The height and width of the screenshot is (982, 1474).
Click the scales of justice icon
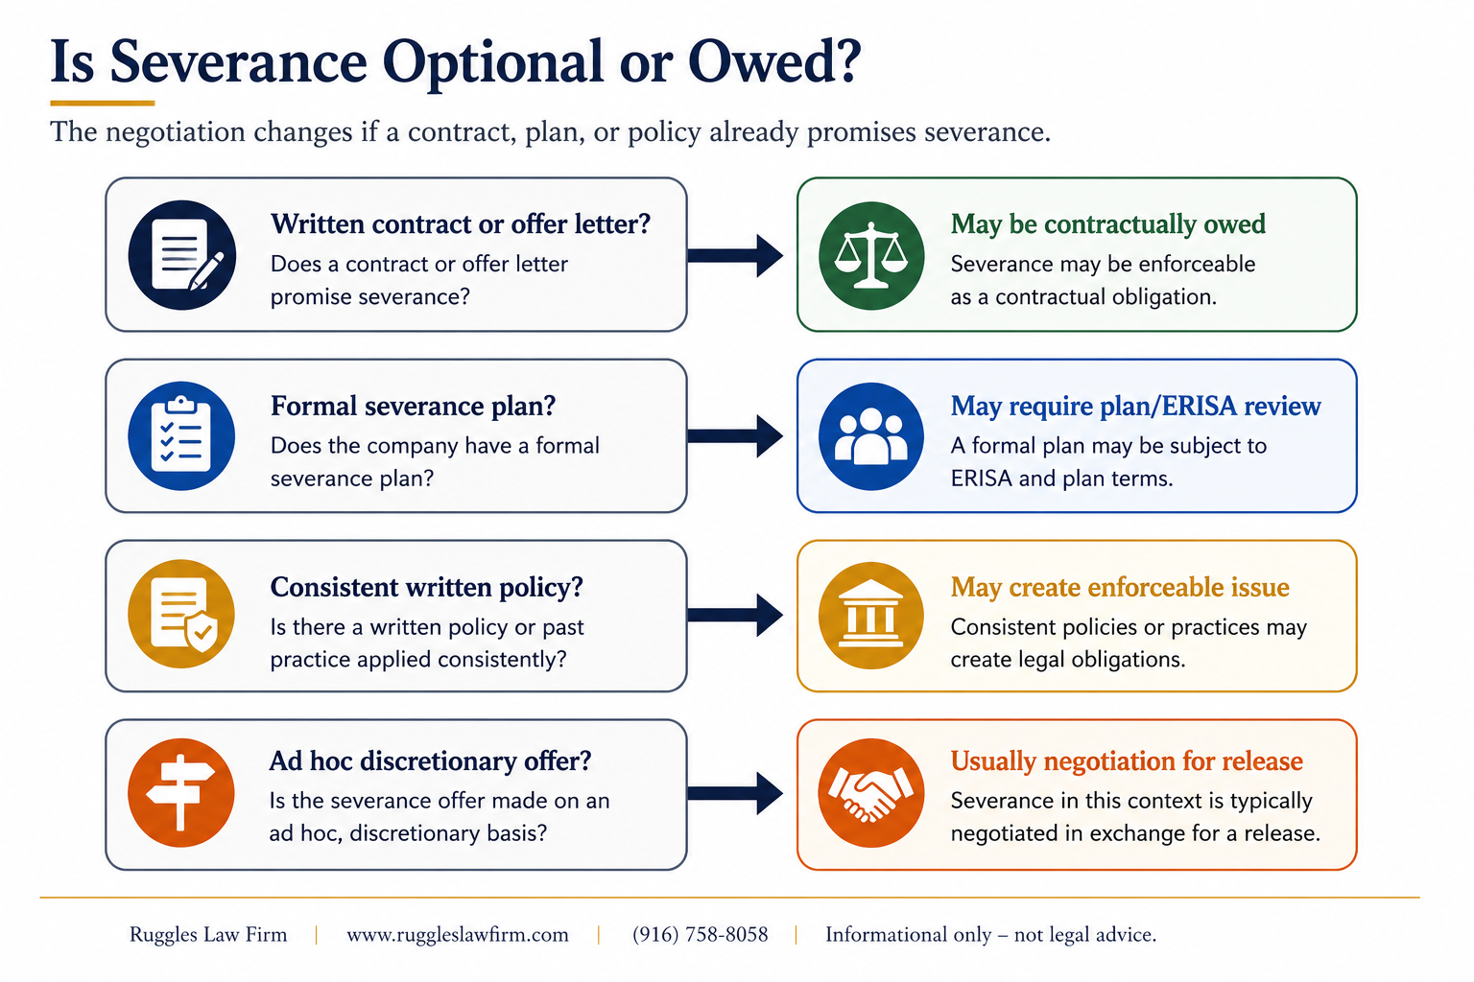click(871, 255)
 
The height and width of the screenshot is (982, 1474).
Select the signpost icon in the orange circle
click(180, 792)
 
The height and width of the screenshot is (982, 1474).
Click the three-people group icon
click(871, 436)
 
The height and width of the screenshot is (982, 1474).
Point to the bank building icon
click(870, 614)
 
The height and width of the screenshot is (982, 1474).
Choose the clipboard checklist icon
click(181, 434)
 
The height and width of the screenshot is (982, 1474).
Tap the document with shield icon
click(184, 615)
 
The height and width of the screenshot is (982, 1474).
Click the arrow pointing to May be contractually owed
click(735, 255)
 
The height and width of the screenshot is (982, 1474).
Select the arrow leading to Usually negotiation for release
click(735, 793)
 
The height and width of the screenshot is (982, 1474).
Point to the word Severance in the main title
click(238, 62)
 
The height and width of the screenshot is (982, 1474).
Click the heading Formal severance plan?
click(414, 406)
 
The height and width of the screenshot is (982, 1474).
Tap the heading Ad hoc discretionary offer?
click(430, 761)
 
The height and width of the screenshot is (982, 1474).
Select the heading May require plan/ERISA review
click(1136, 406)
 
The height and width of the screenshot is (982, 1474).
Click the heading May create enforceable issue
click(1120, 587)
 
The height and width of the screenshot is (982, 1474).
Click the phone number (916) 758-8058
click(701, 935)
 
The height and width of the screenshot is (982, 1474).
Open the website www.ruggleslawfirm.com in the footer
click(458, 935)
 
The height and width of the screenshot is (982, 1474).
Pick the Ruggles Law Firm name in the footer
click(208, 935)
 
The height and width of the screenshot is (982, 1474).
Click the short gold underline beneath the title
click(102, 104)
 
